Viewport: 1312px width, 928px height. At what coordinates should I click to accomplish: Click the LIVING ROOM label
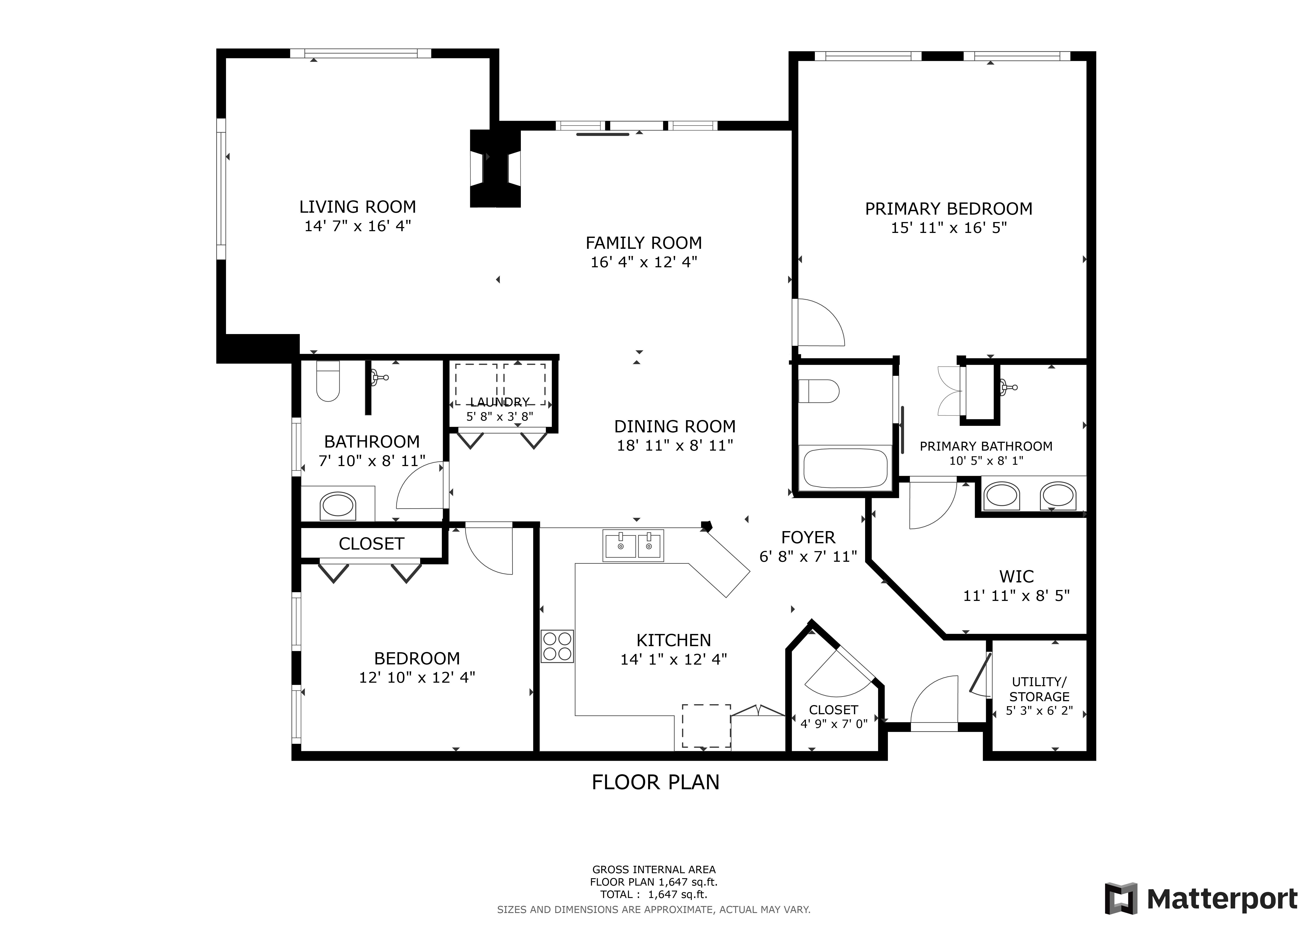358,207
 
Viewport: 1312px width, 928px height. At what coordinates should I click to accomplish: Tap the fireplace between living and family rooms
495,169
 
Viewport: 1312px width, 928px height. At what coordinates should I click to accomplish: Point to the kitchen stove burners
557,646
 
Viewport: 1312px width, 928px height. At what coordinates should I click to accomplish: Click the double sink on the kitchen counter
633,546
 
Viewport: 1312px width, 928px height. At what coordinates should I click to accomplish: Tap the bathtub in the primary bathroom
846,468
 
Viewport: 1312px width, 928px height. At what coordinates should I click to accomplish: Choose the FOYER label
808,537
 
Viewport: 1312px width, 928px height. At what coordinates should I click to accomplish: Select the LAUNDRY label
500,402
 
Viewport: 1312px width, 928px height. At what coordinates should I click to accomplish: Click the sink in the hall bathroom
338,506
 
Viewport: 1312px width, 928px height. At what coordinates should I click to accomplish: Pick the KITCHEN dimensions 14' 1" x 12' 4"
674,659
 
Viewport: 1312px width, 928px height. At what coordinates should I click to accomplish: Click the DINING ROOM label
675,426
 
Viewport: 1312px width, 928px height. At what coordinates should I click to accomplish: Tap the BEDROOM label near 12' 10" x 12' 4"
417,658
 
